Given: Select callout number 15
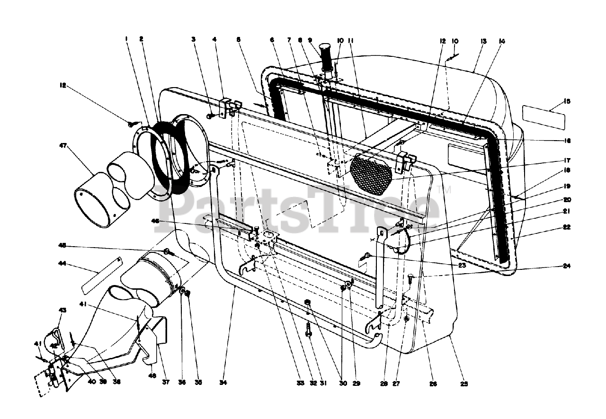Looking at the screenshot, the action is pos(568,101).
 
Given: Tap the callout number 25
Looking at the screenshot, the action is pos(464,384).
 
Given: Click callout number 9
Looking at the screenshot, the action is pos(310,40).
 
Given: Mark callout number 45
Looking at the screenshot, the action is pos(62,245).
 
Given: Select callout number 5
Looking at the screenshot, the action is pos(239,40).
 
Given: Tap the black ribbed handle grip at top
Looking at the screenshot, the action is pos(326,56).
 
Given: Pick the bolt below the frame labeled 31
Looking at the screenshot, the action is pos(309,330).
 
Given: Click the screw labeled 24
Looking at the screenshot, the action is pos(410,276).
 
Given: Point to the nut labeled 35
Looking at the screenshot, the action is pos(187,294).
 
